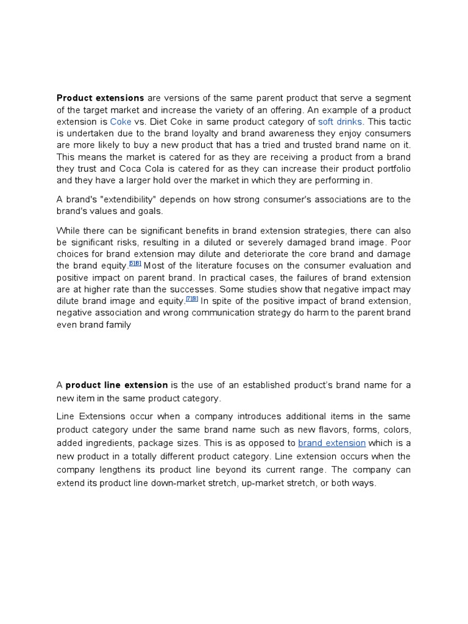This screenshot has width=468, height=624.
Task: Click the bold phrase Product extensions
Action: click(100, 98)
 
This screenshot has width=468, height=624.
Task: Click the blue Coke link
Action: click(121, 121)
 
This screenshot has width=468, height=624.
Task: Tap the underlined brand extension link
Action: click(331, 443)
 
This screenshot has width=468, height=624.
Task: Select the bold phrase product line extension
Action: click(116, 385)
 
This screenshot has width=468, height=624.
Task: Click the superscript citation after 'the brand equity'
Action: click(135, 264)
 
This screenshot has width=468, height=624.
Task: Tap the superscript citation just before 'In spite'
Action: click(192, 299)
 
